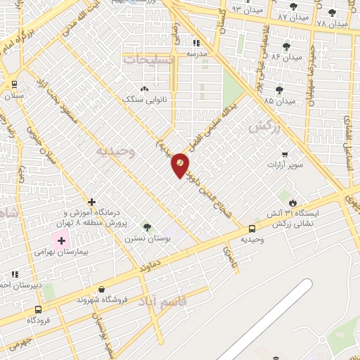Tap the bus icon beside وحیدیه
point(252,228)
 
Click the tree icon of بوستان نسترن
point(147,227)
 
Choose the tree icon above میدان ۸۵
point(280,90)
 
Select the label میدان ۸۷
point(293,16)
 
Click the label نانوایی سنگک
point(144,99)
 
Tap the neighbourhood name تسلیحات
point(149,60)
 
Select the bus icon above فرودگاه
point(38,309)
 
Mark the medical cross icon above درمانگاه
point(91,202)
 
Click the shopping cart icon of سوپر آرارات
point(284,154)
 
